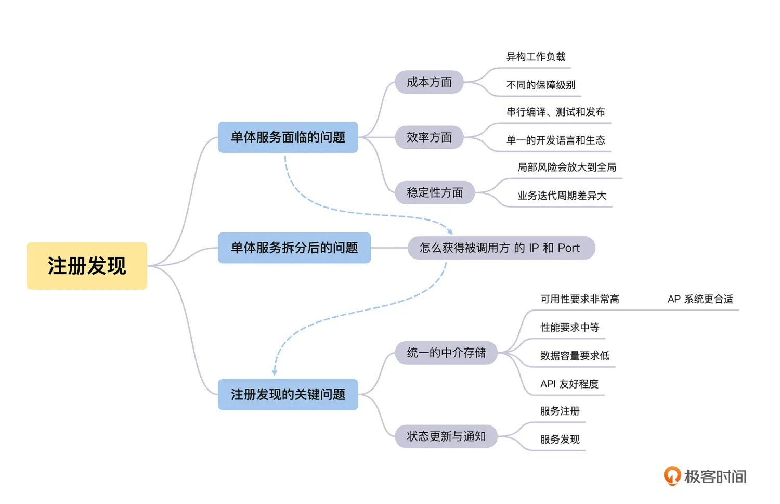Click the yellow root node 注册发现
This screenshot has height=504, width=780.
pos(87,266)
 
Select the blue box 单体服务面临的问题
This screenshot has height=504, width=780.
pos(288,137)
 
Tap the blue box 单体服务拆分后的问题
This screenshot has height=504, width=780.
pos(294,248)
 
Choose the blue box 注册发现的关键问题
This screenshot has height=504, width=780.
pos(288,394)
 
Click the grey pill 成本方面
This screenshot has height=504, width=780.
pos(429,82)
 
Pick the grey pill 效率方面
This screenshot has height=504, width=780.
pos(429,137)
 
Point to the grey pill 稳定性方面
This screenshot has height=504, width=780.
pos(435,192)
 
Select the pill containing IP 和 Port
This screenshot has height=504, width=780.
pos(500,248)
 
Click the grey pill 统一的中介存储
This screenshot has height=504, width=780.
pos(446,353)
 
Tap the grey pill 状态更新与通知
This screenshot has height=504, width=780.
pos(446,436)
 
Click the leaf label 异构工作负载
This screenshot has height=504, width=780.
pos(536,57)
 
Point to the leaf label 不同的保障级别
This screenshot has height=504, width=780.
pos(541,85)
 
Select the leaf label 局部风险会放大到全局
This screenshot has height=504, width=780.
pos(567,167)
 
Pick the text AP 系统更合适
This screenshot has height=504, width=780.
pos(700,299)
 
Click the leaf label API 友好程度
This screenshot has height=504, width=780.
pos(569,384)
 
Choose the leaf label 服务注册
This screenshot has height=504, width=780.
pos(560,411)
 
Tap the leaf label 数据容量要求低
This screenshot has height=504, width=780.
pos(575,356)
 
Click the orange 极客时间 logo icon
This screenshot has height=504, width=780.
pos(672,475)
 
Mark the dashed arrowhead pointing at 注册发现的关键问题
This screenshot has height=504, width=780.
pos(275,372)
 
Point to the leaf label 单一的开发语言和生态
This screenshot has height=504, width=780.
pos(556,140)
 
